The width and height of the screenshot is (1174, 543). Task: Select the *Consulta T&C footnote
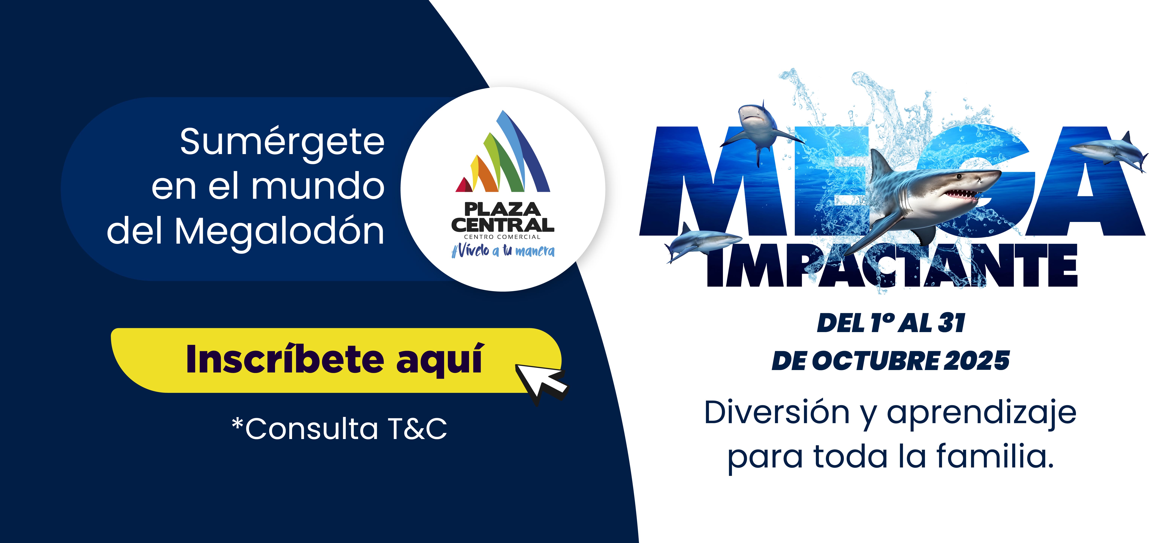coord(340,429)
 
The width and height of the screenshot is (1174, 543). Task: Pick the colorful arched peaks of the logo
coord(503,155)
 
